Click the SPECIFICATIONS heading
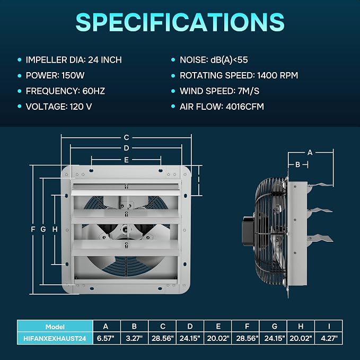point(180,22)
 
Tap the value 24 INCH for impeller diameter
point(105,60)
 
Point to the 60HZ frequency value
point(94,91)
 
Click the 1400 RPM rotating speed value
point(278,75)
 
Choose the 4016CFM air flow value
point(245,107)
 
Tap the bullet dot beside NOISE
point(173,60)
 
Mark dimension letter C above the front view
point(126,137)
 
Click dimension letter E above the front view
point(126,160)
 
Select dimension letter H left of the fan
point(55,229)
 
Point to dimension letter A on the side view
point(310,153)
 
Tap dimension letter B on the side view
point(298,164)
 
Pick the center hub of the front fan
point(125,229)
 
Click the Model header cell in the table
point(55,327)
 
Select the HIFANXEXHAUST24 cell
point(55,338)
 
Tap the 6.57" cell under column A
point(106,338)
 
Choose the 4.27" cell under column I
point(329,338)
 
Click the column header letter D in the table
point(190,326)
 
